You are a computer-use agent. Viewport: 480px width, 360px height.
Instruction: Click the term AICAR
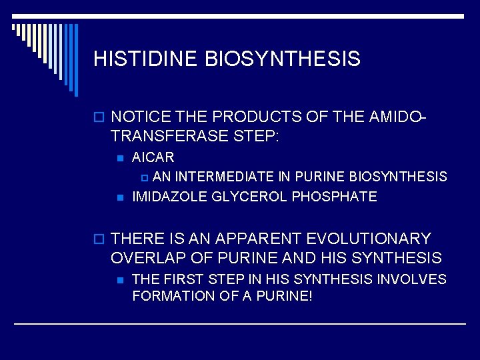tap(153, 158)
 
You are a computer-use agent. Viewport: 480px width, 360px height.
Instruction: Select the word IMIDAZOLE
tap(167, 197)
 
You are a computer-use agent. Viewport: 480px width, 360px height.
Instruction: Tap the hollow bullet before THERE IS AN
tap(99, 239)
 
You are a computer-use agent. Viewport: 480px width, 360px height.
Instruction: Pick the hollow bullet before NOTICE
tap(99, 118)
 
